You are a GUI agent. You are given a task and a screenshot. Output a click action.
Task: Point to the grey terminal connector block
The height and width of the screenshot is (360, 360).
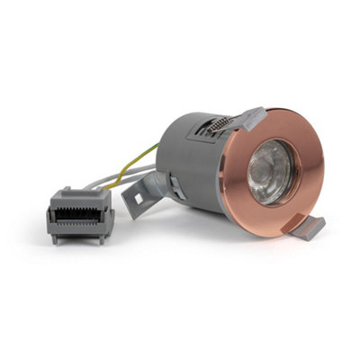pos(80,213)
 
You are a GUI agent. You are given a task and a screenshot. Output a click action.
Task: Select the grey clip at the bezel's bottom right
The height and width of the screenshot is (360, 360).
pos(305,226)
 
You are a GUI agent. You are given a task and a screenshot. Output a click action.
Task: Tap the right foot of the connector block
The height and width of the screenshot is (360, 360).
pos(103,238)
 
